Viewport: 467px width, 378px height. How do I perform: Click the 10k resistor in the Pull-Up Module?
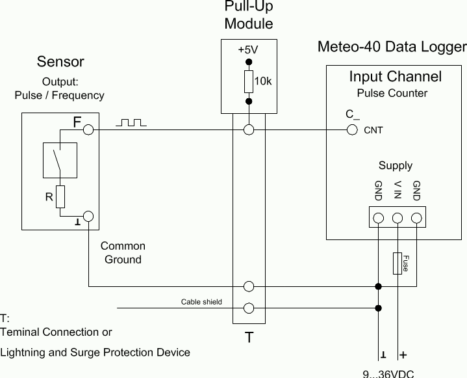248,82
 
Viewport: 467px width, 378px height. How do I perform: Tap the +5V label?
248,50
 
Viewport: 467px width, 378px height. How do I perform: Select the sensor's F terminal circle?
89,130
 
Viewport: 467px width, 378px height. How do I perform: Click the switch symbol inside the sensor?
60,159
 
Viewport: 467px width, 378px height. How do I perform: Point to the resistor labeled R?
60,196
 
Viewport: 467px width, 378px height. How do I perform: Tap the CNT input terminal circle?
352,130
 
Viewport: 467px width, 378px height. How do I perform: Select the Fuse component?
398,263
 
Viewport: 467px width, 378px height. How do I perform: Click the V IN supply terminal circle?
398,218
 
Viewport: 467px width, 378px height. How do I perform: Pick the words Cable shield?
201,302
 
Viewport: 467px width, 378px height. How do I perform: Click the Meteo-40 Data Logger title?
392,47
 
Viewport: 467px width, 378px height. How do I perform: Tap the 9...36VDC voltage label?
388,374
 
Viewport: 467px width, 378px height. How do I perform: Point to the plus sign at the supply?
403,355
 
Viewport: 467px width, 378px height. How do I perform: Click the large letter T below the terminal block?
249,338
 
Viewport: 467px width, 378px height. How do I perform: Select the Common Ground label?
123,252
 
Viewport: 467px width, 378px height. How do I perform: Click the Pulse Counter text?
392,93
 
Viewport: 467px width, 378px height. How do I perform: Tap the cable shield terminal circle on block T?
248,308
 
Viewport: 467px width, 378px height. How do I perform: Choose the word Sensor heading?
60,62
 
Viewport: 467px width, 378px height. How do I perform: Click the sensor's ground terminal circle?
89,216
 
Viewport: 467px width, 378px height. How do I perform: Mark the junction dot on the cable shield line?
379,308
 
